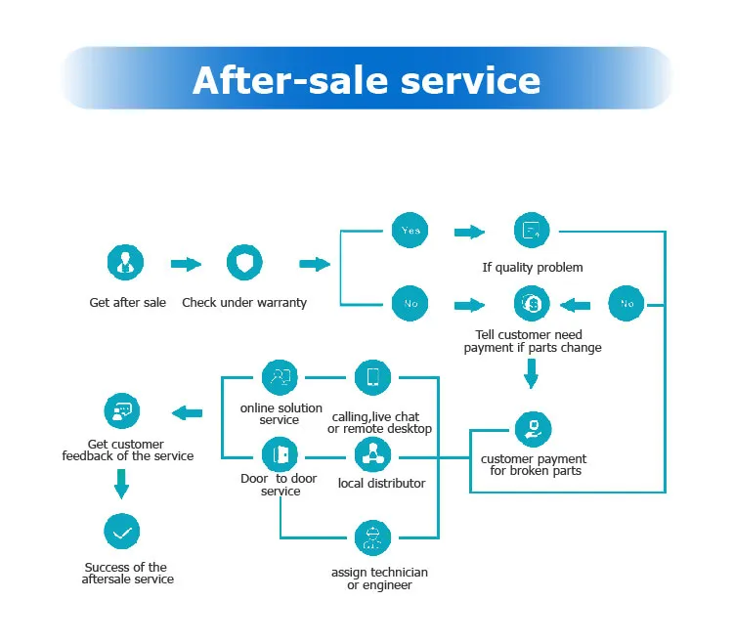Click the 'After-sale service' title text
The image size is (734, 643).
tap(367, 79)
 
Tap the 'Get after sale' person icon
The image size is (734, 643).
tap(125, 263)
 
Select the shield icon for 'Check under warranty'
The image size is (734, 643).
tap(244, 263)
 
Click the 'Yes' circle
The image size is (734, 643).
tap(410, 231)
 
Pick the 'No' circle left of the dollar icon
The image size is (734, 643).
tap(410, 303)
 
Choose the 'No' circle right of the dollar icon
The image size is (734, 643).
tap(626, 303)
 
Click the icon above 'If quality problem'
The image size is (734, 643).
tap(532, 231)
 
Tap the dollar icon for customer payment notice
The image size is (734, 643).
tap(532, 303)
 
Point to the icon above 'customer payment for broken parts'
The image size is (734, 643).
tap(533, 429)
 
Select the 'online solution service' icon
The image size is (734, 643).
tap(281, 376)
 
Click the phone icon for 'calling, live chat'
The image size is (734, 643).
tap(372, 377)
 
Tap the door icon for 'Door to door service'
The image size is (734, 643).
tap(281, 453)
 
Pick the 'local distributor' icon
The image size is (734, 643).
tap(372, 453)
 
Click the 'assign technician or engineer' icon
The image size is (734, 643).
tap(372, 537)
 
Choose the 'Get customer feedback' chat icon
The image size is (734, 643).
tap(122, 411)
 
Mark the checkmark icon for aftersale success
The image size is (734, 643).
tap(122, 533)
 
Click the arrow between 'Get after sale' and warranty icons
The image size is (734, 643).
tap(186, 264)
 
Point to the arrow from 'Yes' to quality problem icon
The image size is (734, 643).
tap(470, 232)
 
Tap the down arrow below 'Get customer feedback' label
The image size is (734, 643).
tap(122, 483)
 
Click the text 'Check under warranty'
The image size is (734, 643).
tap(244, 303)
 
